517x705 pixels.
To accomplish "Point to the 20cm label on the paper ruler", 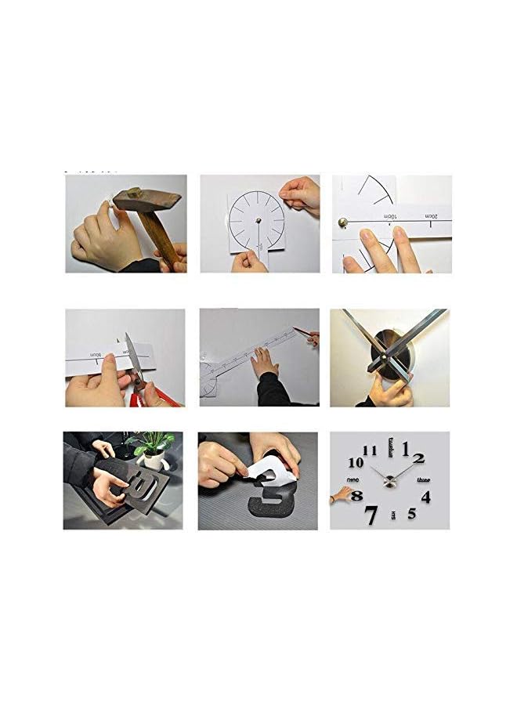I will pos(429,215).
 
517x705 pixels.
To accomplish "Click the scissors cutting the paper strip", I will pos(134,368).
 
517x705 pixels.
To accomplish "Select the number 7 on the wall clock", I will pos(371,515).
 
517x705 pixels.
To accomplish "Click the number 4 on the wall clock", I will pos(425,497).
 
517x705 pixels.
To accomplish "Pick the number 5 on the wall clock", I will pos(411,514).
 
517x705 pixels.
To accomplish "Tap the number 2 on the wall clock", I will pos(419,459).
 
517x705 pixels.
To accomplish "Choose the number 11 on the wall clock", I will pos(370,450).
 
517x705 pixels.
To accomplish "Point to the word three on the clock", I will pos(424,479).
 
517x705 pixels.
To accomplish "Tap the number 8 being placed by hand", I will pos(357,496).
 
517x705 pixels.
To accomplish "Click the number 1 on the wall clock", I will pos(406,449).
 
